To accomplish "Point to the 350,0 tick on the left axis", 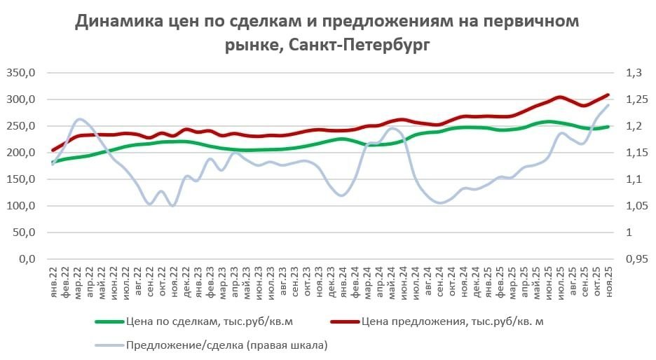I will [x=20, y=72].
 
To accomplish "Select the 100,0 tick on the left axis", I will [x=20, y=206].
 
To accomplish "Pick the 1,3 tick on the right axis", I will [x=634, y=72].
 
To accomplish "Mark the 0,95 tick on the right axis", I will [x=636, y=259].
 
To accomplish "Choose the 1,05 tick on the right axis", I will [x=636, y=206].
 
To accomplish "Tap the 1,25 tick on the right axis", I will [x=636, y=99].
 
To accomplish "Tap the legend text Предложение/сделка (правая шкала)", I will [x=227, y=345].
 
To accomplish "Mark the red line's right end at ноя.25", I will [x=608, y=95].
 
